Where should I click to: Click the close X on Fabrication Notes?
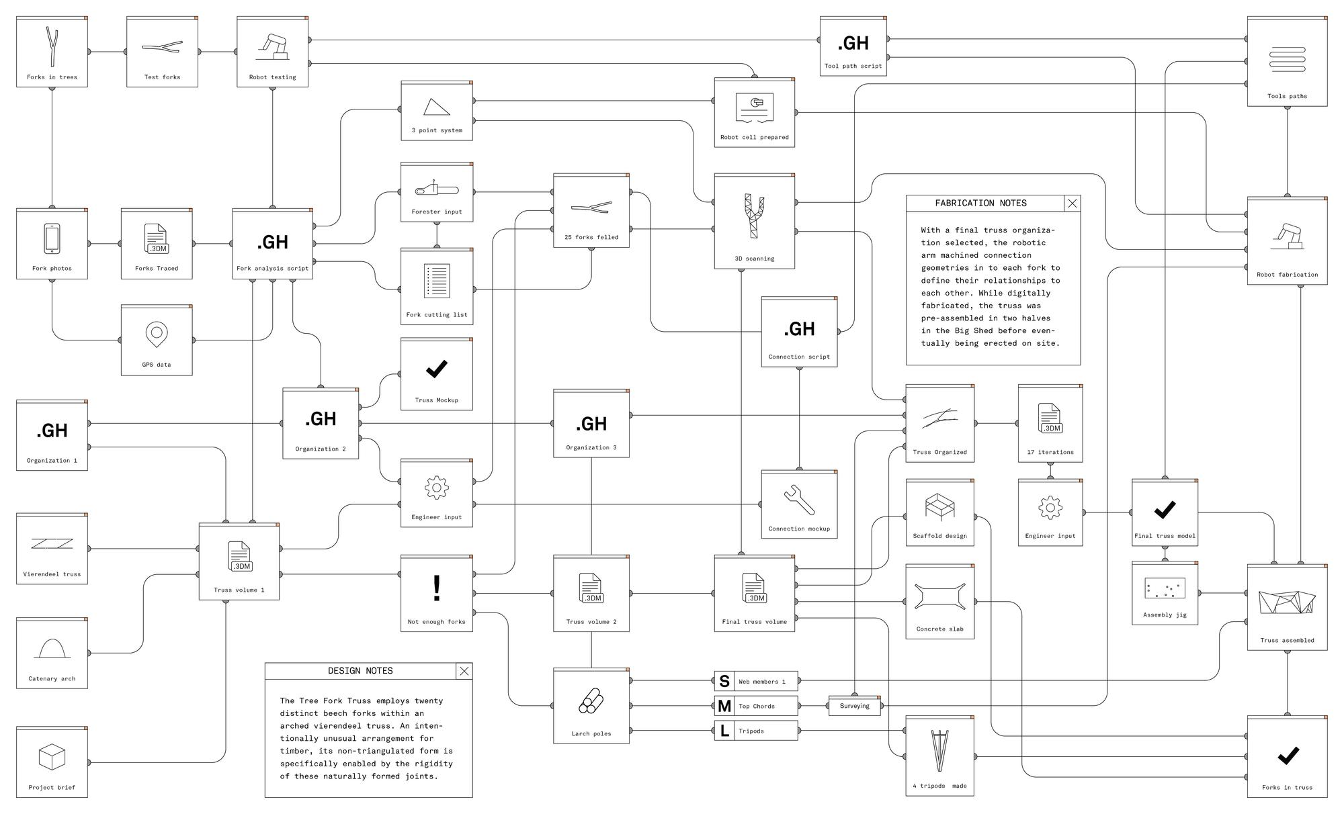[x=1073, y=203]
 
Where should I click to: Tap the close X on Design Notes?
[x=464, y=671]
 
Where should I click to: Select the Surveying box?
[x=854, y=706]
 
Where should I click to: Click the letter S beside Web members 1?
[x=724, y=681]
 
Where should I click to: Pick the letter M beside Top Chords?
[x=724, y=706]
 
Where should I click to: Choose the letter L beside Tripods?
[x=724, y=731]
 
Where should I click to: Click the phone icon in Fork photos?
[x=52, y=238]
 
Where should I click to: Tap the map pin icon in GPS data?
[x=157, y=334]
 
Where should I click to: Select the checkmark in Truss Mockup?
[x=437, y=369]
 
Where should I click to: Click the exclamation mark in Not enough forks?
[x=437, y=588]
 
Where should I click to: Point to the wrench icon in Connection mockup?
[x=799, y=500]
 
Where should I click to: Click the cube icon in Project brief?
[x=52, y=757]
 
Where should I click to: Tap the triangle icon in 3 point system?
[x=436, y=107]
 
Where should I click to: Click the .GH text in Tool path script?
[x=853, y=43]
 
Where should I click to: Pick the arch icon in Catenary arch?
[x=52, y=648]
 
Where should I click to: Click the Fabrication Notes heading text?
[x=980, y=203]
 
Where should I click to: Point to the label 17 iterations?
[x=1050, y=452]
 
